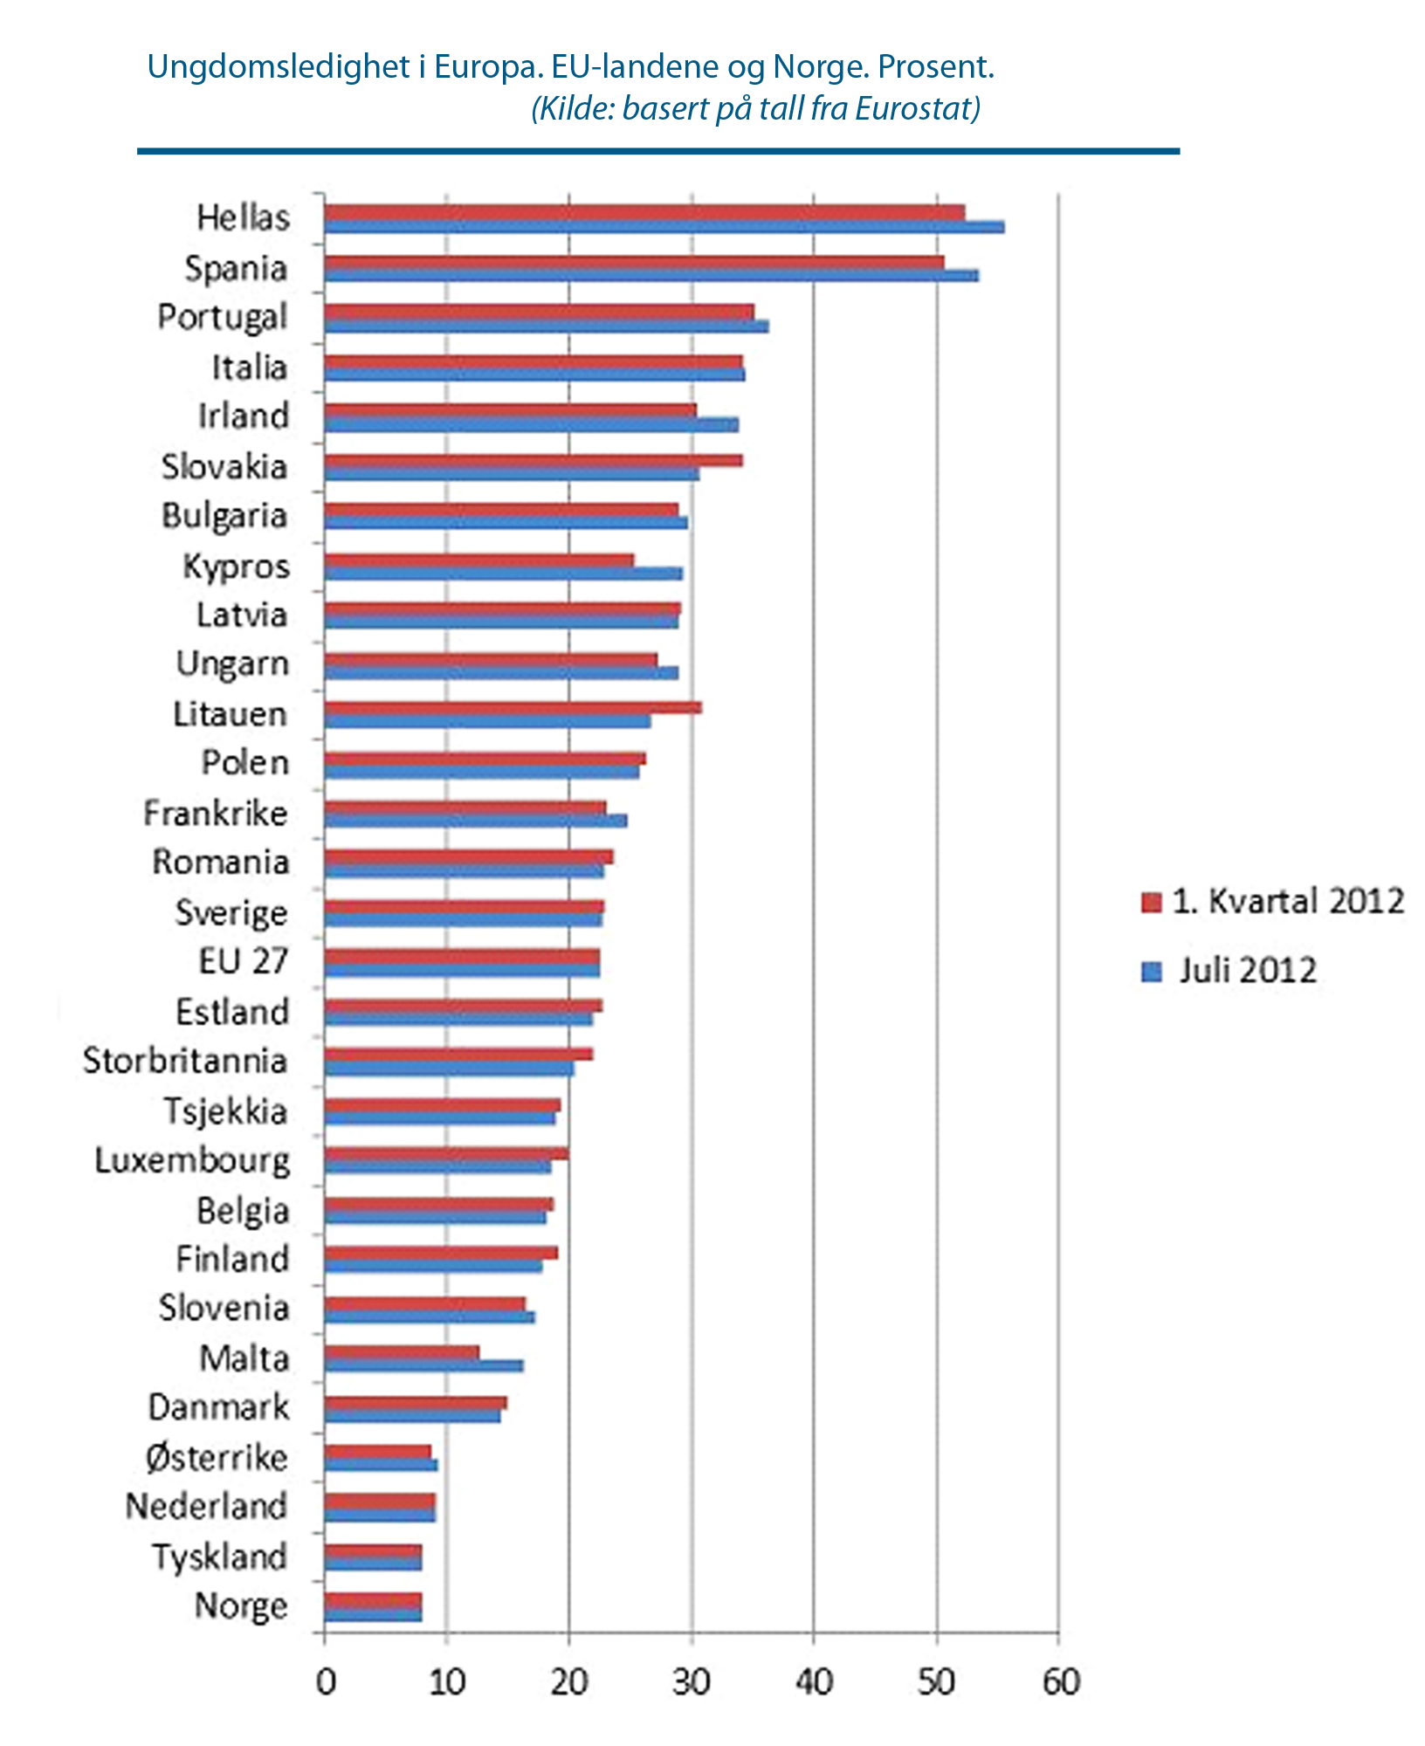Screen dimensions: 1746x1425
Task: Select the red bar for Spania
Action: click(633, 262)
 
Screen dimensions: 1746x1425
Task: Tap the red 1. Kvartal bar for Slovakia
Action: click(533, 460)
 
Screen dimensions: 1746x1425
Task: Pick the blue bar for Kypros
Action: click(503, 574)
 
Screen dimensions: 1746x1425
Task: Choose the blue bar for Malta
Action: click(423, 1365)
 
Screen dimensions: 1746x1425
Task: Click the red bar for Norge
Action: click(373, 1599)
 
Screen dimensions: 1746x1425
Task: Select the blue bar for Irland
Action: click(531, 425)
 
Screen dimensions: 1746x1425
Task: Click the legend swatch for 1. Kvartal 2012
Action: click(1152, 902)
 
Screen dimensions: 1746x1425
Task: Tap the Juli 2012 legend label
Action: click(1248, 971)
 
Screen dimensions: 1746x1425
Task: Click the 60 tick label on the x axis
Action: click(1060, 1681)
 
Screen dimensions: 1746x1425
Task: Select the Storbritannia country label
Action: click(185, 1061)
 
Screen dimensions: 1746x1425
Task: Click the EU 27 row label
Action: click(243, 961)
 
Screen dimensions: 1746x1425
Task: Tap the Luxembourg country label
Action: click(192, 1160)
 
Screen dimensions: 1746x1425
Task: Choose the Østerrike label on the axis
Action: click(217, 1457)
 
